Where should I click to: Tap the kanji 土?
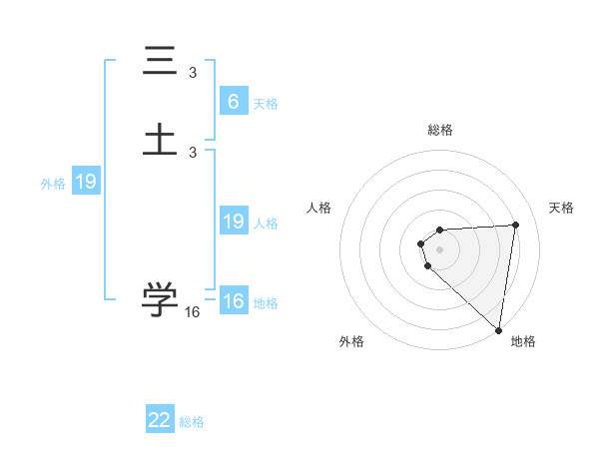pos(161,138)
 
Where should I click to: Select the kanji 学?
pos(161,298)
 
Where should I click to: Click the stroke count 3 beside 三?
pos(193,73)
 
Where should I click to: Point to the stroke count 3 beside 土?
pos(193,152)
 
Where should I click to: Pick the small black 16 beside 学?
pos(193,312)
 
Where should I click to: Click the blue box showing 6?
pos(233,102)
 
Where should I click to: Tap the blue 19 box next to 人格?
pos(233,222)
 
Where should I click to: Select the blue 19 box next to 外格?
pos(85,183)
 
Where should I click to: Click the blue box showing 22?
pos(160,420)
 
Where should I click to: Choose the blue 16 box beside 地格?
pos(233,301)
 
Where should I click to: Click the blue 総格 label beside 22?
pos(192,422)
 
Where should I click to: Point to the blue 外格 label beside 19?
pos(53,184)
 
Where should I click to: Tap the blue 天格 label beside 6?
pos(266,104)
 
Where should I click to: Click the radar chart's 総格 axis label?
pos(440,130)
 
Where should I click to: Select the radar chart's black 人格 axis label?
pos(318,208)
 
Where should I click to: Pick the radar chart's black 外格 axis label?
pos(350,341)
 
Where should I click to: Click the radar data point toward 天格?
pos(515,225)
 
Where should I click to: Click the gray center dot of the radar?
pos(440,248)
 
